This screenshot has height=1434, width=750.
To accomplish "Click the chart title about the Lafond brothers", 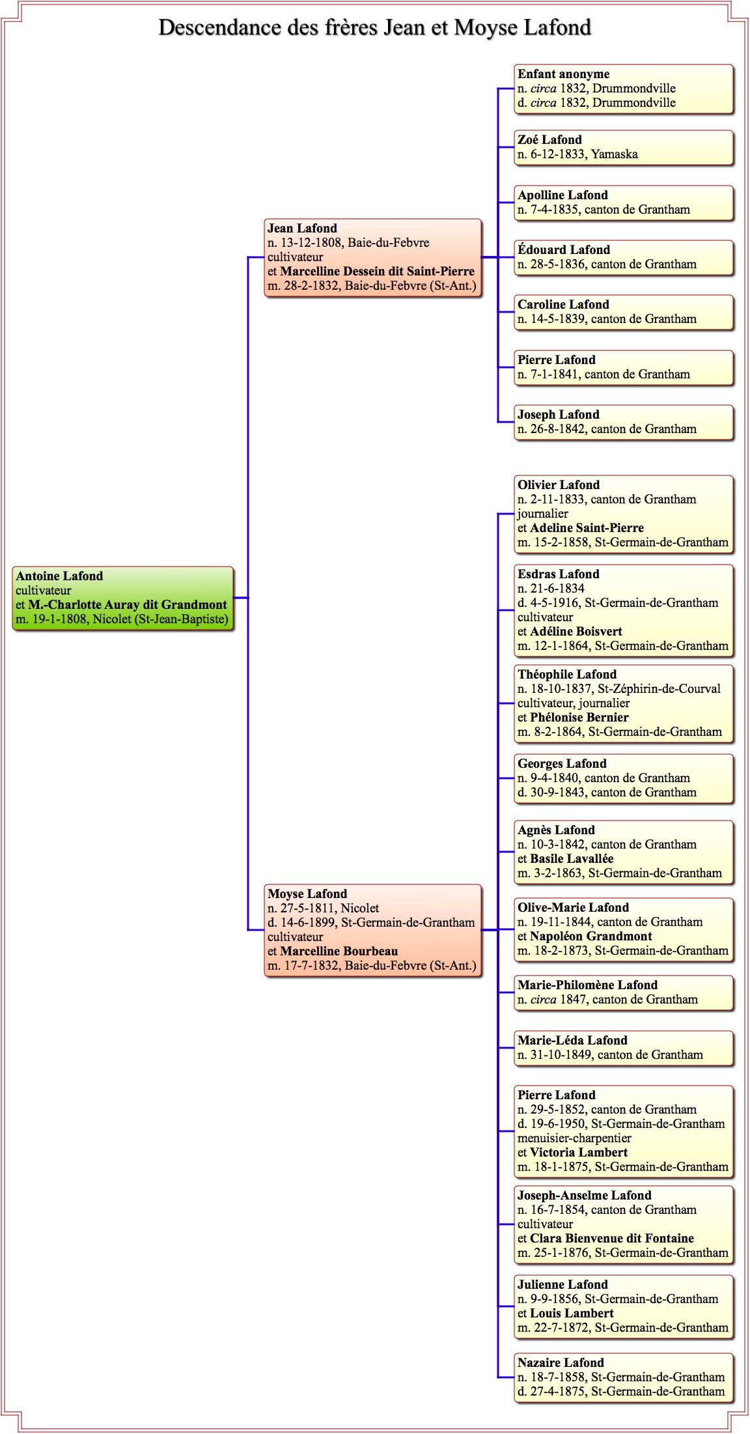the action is [375, 27].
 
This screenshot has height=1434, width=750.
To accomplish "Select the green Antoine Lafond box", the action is [123, 598].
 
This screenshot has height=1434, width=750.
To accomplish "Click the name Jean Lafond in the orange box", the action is [302, 228].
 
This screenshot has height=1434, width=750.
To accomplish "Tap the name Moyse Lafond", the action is [307, 893].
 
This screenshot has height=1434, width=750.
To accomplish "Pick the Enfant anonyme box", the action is [624, 89].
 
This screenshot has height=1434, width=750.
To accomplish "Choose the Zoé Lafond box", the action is [624, 147].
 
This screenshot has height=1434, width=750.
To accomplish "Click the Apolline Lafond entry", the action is [624, 203].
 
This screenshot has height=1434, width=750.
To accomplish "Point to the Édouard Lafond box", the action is [624, 257].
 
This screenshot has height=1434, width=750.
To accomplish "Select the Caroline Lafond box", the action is [624, 312].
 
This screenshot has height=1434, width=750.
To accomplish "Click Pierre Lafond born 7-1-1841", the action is [624, 367].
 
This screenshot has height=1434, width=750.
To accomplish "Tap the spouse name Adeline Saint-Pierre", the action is [587, 527].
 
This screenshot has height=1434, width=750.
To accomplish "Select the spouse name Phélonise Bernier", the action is [579, 717].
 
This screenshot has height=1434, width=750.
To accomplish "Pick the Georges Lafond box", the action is [624, 778].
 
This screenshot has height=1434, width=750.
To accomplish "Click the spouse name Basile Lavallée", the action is [572, 858].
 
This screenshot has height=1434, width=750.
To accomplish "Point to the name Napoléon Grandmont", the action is [591, 936].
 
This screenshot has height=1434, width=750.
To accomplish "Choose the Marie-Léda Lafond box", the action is [624, 1048].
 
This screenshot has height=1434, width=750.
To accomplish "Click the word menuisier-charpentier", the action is [574, 1138].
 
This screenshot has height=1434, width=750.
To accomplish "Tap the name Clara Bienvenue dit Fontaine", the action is [612, 1238].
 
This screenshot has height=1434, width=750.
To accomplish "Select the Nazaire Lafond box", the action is [624, 1377].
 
